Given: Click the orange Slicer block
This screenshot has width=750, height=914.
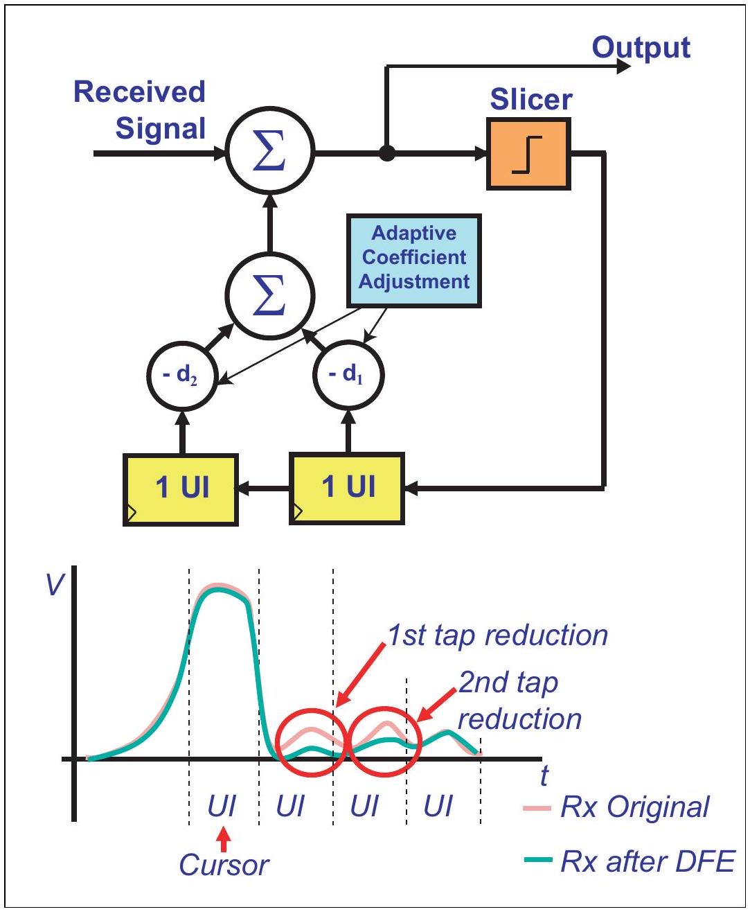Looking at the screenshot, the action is (x=528, y=154).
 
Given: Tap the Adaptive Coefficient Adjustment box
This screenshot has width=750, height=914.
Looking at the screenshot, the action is (x=414, y=261).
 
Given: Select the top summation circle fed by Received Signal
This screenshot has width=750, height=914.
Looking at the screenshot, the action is (x=270, y=150).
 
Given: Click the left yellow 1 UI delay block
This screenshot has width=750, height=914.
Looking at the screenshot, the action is (x=181, y=489).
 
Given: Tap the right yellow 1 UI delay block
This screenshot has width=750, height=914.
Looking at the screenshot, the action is (x=347, y=489).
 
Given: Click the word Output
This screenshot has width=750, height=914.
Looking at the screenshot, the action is (x=641, y=49).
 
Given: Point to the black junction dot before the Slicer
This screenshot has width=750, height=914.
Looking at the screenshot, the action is (x=386, y=153).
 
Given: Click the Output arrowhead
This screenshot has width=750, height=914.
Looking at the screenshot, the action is (x=623, y=67).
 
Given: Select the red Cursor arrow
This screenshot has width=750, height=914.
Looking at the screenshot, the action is (x=224, y=840).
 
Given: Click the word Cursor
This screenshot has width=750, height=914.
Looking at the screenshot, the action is (x=224, y=865).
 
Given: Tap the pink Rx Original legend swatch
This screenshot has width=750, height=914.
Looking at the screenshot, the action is (x=537, y=808).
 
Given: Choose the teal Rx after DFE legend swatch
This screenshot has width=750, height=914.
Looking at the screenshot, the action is (x=538, y=859).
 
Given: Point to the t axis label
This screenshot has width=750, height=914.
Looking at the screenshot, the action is (x=544, y=775).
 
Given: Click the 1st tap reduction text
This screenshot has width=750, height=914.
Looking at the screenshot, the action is (x=497, y=636).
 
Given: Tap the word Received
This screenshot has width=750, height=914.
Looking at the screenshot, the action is (x=139, y=92).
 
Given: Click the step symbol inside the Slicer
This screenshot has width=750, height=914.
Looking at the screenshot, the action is (x=527, y=155).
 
